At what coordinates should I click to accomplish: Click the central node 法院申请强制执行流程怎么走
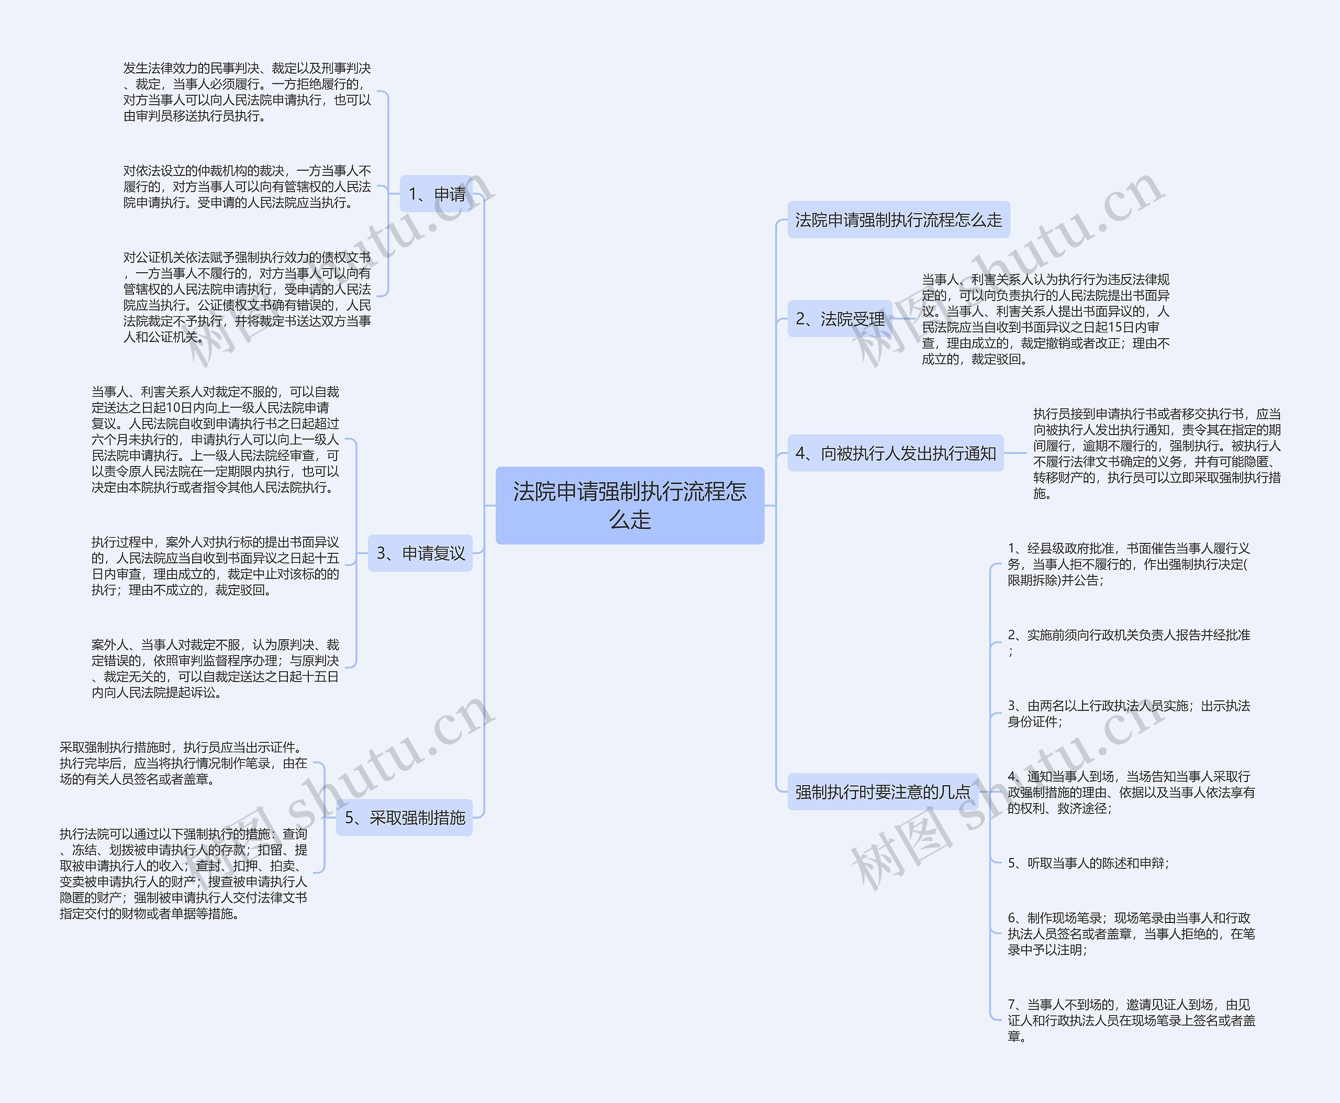click(630, 505)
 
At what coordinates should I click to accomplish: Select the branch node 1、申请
click(436, 194)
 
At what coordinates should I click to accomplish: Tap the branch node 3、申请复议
click(420, 553)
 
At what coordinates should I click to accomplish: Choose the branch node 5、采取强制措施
click(404, 817)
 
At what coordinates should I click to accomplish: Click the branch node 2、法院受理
click(839, 318)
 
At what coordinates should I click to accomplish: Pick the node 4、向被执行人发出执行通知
click(895, 453)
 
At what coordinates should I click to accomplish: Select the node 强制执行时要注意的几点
click(883, 792)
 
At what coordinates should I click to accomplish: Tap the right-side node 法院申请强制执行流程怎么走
click(898, 220)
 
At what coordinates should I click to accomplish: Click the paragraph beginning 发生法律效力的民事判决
click(247, 92)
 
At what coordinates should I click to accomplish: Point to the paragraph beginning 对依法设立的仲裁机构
click(247, 187)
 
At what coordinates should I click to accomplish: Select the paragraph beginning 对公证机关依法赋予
click(247, 297)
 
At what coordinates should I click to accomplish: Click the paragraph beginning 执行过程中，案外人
click(215, 565)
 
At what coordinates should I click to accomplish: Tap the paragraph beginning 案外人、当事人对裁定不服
click(215, 669)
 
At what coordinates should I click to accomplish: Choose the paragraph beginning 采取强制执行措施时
click(184, 763)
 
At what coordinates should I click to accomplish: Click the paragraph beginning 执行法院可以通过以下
click(184, 873)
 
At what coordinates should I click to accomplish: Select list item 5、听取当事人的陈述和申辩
click(1088, 863)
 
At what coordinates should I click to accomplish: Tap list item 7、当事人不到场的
click(1131, 1020)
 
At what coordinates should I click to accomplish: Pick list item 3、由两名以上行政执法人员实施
click(1129, 713)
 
